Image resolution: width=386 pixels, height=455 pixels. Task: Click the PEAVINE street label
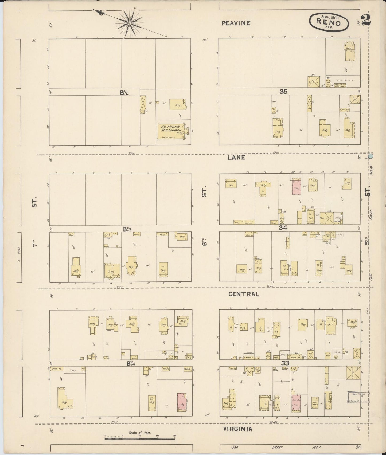coord(236,23)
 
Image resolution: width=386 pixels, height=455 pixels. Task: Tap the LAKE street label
coord(236,158)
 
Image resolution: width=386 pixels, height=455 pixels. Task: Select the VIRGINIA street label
coord(237,429)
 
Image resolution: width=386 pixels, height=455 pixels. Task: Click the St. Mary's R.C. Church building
coord(171,131)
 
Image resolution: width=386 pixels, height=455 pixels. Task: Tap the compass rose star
coord(130,23)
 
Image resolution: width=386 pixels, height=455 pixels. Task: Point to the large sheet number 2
coord(365,20)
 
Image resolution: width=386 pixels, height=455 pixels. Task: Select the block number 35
coord(283,92)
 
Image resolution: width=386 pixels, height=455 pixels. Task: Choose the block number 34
coord(283,227)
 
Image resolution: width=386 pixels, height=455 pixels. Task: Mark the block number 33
coord(285,363)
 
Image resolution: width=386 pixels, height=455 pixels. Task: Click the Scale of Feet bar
coord(140,438)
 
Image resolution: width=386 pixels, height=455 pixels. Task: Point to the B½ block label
coord(124,92)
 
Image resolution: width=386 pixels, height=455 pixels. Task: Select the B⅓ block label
coord(127,229)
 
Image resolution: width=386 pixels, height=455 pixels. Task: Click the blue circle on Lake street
coord(371,156)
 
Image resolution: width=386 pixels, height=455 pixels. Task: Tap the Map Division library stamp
coord(358,397)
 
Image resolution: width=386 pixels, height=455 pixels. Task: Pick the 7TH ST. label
coord(34,222)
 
